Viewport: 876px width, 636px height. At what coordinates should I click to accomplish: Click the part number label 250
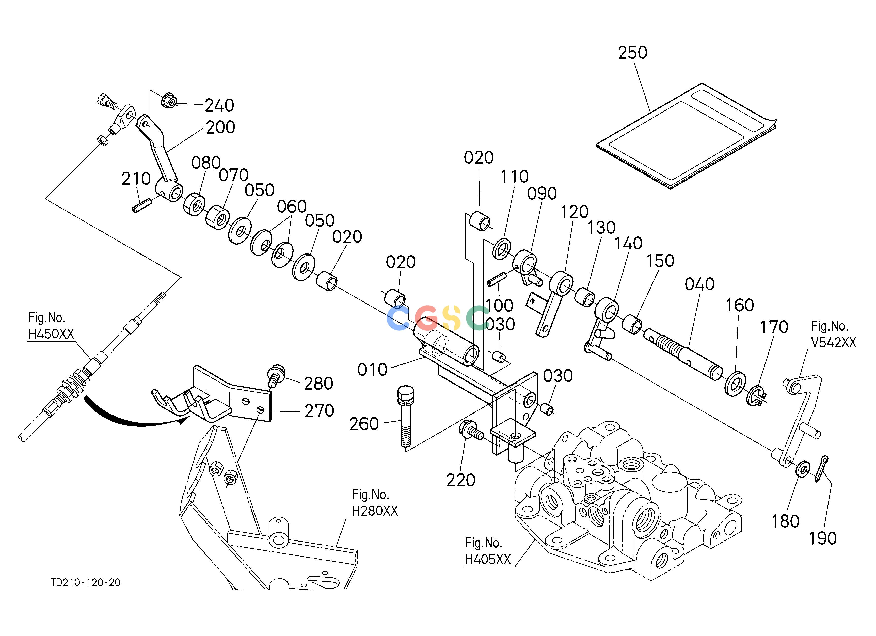click(633, 53)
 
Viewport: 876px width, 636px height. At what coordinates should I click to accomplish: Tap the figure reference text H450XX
click(51, 334)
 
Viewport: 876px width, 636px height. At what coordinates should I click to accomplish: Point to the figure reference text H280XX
click(375, 511)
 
